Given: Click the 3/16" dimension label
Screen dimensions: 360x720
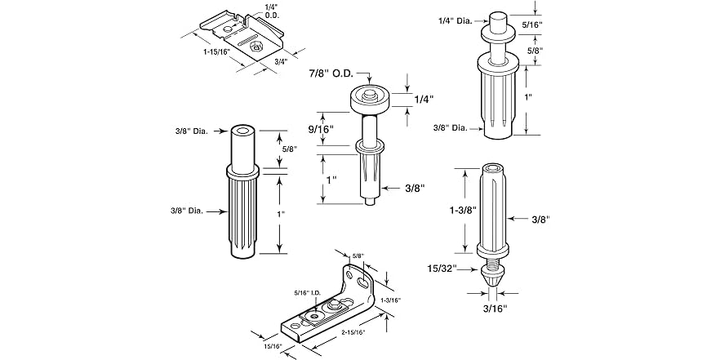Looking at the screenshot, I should pos(496,308).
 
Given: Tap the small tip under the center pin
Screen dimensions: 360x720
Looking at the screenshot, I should pos(371,201).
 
